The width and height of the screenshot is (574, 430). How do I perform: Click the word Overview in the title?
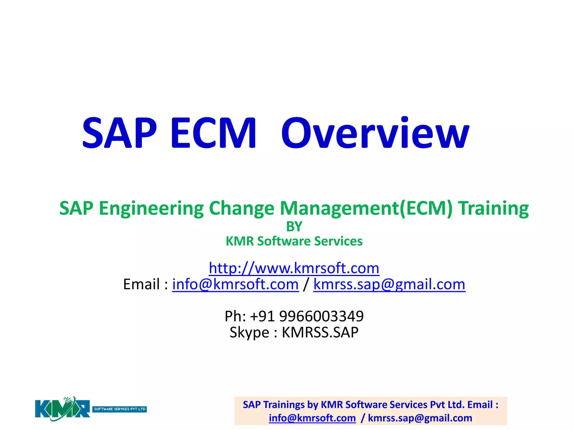[x=375, y=133]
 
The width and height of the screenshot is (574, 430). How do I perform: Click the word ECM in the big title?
[x=213, y=133]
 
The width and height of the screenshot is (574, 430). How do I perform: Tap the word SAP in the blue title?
[x=119, y=133]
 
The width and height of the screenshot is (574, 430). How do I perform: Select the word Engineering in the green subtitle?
[x=151, y=209]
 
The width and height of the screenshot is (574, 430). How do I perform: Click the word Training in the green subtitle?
[x=493, y=209]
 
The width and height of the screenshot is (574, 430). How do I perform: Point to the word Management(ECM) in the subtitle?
[x=366, y=209]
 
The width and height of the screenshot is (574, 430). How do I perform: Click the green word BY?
[x=294, y=226]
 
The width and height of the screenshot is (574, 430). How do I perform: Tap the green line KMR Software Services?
[x=294, y=241]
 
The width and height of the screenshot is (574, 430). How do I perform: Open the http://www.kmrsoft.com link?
[x=294, y=268]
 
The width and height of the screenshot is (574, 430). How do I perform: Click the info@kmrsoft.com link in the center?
[x=235, y=284]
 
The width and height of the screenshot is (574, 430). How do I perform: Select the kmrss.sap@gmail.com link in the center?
[x=389, y=284]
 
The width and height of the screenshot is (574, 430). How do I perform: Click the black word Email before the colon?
[x=142, y=284]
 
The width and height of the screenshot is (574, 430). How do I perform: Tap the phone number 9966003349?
[x=321, y=316]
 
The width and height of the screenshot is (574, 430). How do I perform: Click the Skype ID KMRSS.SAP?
[x=320, y=333]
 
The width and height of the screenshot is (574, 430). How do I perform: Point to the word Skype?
[x=249, y=333]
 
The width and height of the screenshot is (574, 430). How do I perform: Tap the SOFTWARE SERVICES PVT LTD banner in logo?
[x=120, y=409]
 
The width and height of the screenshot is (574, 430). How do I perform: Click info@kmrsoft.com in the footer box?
[x=312, y=418]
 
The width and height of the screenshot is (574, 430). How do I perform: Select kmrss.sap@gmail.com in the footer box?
[x=420, y=418]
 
